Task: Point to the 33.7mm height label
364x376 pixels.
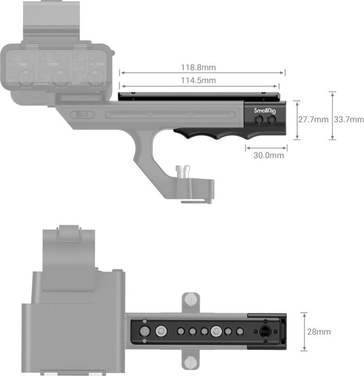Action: [349, 120]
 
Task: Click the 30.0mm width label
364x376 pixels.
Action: [269, 155]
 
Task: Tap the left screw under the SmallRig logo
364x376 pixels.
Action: [260, 121]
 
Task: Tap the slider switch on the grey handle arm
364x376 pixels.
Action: [80, 114]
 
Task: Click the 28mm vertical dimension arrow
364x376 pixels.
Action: [304, 332]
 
